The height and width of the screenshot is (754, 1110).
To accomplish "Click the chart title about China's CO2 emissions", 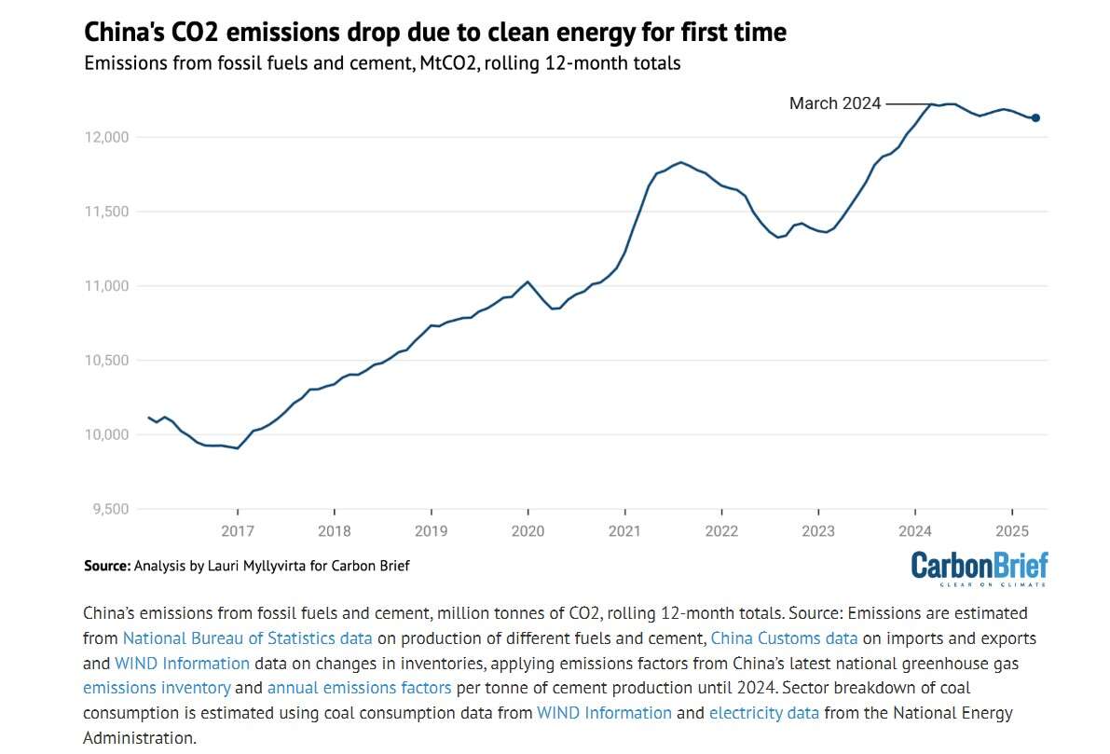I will coord(435,33).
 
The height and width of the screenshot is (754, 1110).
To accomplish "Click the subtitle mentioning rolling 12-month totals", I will coord(382,64).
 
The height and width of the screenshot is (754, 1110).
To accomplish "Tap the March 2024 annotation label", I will coord(834,103).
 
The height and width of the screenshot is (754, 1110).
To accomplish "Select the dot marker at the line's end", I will coord(1035,117).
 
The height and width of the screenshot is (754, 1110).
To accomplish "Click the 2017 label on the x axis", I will coord(238,531).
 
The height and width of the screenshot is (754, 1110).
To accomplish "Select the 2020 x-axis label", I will coord(528,531).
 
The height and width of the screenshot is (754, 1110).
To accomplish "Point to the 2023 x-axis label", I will coord(818,531).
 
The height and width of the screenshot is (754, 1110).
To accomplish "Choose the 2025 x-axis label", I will coord(1011,531).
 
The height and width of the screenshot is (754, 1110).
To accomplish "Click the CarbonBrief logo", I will coord(979,568).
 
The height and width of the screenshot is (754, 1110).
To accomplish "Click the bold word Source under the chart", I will coord(105,566).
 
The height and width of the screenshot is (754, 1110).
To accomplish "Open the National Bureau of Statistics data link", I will coord(247,638).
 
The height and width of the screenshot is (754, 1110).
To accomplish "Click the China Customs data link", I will coord(784,638).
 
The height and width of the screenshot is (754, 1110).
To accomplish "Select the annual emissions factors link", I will coord(359,688).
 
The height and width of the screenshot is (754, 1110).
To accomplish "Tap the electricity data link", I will coord(763,713).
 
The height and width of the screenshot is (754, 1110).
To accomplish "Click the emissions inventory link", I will coord(157,688).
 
